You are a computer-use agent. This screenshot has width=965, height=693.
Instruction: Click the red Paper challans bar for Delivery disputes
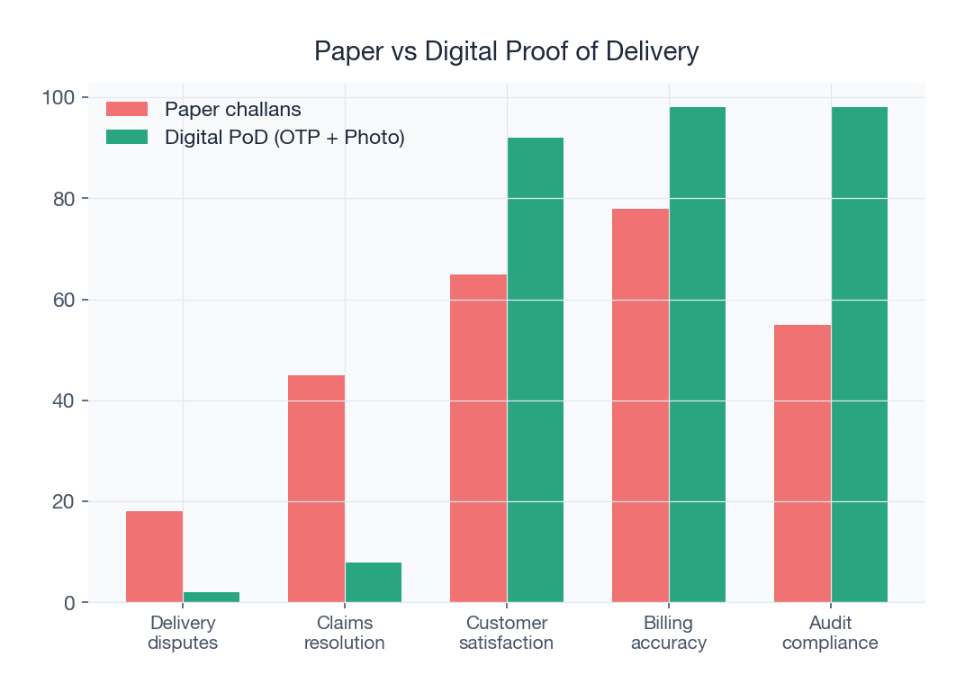point(154,557)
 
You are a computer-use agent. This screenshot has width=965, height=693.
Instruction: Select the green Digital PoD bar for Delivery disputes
point(212,598)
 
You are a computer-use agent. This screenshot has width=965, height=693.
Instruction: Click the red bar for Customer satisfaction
point(478,438)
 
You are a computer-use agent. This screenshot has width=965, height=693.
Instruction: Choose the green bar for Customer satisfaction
point(536,370)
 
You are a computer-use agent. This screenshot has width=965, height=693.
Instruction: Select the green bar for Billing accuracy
point(698,355)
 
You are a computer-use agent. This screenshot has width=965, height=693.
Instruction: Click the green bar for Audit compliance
point(860,355)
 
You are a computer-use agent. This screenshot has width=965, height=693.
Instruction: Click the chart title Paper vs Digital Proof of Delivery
point(506,51)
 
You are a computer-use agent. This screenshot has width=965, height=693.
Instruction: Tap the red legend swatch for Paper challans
point(127,109)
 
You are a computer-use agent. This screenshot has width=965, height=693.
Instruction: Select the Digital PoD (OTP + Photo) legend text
point(284,138)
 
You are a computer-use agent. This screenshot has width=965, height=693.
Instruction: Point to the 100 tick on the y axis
point(59,97)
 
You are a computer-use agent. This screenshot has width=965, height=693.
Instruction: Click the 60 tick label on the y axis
point(64,300)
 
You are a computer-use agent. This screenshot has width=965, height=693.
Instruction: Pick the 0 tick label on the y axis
point(69,603)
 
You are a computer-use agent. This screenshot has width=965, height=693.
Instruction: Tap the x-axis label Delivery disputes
point(183,633)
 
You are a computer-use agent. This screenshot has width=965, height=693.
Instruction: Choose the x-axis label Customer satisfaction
point(507,633)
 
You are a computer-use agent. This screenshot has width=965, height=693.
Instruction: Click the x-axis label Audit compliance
point(830,633)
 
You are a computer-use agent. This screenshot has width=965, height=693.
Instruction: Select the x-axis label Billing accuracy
point(669,633)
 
